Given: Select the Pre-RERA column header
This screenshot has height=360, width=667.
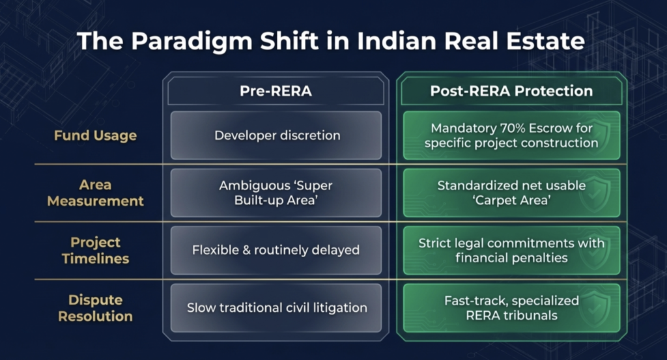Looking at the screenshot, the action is point(276,91).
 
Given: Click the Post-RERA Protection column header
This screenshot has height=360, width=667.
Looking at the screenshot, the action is point(511,91).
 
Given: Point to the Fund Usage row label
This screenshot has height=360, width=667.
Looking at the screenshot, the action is point(95,135).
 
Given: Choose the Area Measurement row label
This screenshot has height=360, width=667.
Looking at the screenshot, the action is point(95,193).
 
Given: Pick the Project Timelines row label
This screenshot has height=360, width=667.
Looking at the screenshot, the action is point(95,251).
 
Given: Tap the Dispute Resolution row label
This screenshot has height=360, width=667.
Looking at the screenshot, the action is point(95,308).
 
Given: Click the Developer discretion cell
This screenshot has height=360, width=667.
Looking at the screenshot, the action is point(276,135).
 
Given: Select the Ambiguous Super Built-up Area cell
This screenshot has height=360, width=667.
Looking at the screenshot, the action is point(276,193).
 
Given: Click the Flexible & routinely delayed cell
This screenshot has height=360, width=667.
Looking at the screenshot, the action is point(276,251).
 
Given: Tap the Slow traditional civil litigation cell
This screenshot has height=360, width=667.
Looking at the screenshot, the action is point(276,308).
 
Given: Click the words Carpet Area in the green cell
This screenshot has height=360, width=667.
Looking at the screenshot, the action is point(512,201).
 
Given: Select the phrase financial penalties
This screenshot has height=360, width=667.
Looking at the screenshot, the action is point(511,258).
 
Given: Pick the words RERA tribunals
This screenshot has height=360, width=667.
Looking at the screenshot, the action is point(512,315).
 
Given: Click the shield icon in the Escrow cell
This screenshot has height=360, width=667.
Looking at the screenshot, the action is point(595,135).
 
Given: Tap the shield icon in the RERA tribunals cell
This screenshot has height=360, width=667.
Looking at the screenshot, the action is point(595,308).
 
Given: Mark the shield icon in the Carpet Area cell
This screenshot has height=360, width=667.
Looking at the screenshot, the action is point(595,193).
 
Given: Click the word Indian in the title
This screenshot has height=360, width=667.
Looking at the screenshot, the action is point(397,41).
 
